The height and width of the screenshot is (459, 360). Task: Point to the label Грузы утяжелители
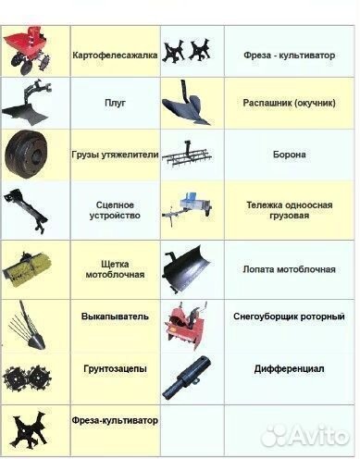click(x=116, y=154)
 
